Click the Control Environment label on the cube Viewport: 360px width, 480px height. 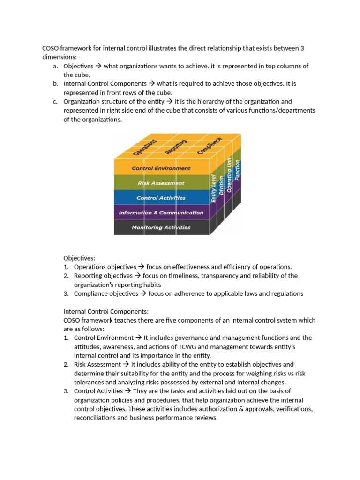161,168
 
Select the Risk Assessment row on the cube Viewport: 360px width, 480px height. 161,183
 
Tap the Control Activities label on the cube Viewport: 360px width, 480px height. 161,198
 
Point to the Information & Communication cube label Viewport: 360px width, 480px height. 161,212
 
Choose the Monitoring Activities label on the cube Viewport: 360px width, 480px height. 161,227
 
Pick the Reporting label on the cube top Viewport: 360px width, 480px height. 176,146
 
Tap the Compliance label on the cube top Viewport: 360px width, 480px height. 209,145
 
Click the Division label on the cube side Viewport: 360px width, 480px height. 222,182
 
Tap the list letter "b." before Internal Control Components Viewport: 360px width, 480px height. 55,83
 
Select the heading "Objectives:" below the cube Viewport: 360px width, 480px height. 79,258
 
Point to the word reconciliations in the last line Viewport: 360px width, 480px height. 97,417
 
